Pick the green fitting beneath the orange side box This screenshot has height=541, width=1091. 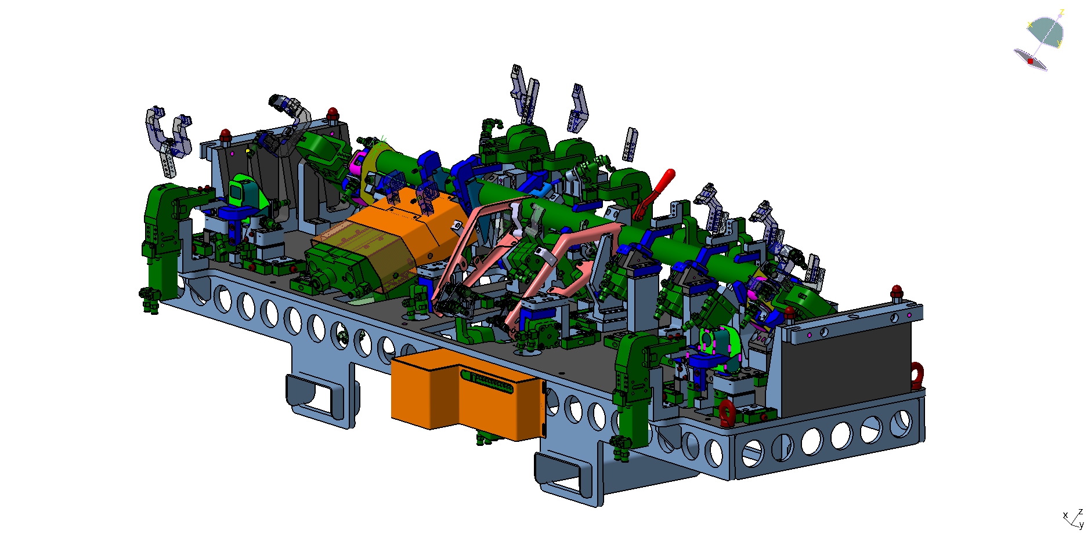tap(486, 438)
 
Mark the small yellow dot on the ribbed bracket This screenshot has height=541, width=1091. tap(248, 151)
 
